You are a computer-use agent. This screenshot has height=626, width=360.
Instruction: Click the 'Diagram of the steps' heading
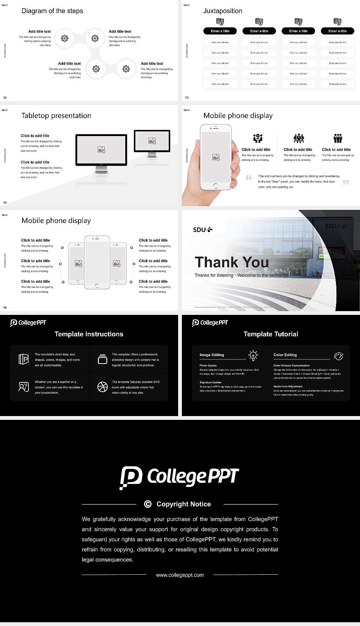(x=52, y=11)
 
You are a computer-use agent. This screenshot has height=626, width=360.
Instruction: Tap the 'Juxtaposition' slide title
(x=222, y=11)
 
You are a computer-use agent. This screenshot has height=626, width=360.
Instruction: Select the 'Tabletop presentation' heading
(x=56, y=115)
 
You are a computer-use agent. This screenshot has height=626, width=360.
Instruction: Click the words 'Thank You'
(x=231, y=262)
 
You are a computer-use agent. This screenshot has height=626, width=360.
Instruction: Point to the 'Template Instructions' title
(x=89, y=334)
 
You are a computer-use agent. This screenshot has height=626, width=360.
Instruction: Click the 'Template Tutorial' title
(x=271, y=334)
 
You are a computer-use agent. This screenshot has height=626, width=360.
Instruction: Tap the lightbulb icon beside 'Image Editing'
(x=253, y=355)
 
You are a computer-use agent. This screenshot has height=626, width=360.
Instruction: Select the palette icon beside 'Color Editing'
(x=338, y=356)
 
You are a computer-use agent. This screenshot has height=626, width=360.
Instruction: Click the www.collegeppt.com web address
(x=180, y=575)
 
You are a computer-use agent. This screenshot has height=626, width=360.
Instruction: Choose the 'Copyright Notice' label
(x=183, y=504)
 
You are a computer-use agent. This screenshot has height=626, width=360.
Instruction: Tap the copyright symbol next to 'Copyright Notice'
(x=148, y=504)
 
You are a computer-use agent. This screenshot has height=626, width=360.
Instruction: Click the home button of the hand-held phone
(x=215, y=186)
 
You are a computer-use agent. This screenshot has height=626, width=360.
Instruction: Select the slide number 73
(x=187, y=98)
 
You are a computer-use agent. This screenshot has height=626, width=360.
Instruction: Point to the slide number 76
(x=5, y=307)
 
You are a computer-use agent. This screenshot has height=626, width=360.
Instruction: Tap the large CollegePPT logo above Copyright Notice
(x=179, y=477)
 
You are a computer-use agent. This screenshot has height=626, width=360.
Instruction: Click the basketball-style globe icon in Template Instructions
(x=102, y=387)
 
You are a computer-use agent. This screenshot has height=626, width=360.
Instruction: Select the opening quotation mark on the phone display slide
(x=249, y=177)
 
